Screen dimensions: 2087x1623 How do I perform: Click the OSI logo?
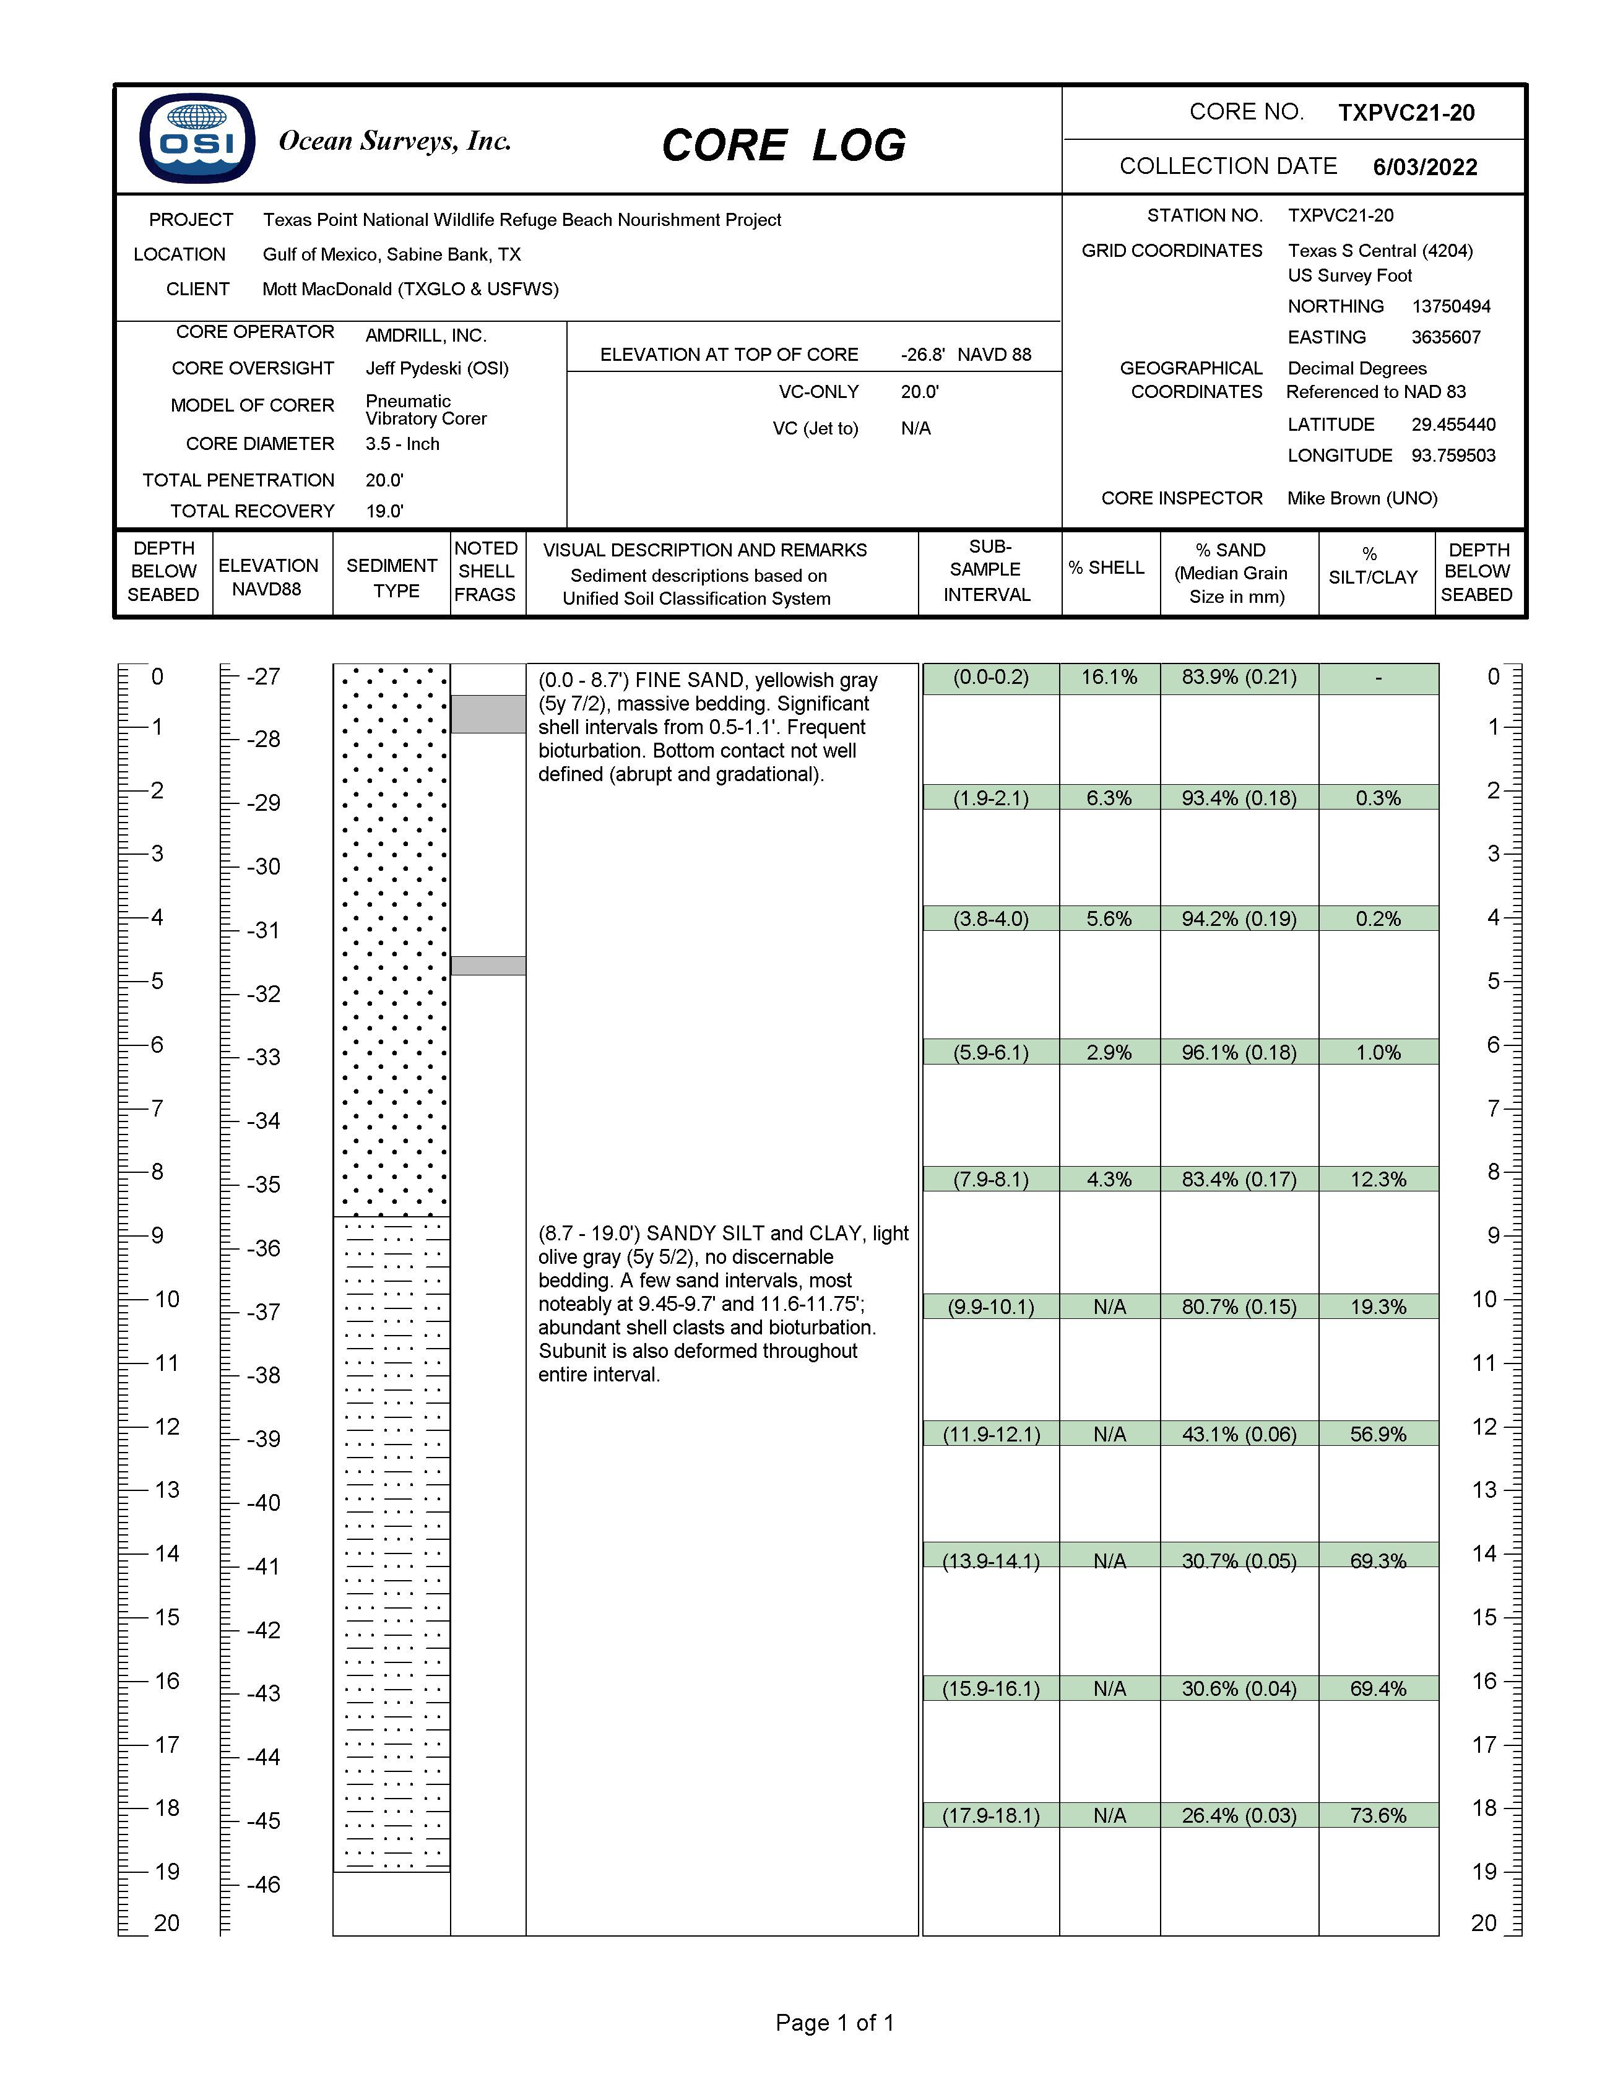(197, 139)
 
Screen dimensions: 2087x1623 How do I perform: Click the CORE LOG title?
(784, 145)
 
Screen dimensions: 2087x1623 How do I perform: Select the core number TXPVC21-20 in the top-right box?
(1406, 113)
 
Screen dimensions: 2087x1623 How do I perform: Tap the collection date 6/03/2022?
(1424, 167)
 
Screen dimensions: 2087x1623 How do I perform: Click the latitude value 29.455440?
(1453, 425)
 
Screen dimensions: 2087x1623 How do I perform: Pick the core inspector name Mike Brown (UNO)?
(1362, 498)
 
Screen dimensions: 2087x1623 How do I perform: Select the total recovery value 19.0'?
(384, 511)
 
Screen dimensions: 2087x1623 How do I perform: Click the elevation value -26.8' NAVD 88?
(966, 355)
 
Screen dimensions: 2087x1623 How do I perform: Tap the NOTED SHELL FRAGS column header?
(485, 571)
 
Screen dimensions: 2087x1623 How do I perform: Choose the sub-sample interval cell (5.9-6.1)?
(990, 1052)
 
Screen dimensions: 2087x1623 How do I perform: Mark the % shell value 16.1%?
(1109, 678)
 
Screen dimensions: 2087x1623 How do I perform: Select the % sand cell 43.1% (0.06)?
(1239, 1434)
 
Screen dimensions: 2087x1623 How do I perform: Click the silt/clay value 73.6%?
(1377, 1816)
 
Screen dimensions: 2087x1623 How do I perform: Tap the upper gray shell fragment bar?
(488, 714)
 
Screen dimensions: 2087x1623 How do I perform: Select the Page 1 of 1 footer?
(834, 2023)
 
